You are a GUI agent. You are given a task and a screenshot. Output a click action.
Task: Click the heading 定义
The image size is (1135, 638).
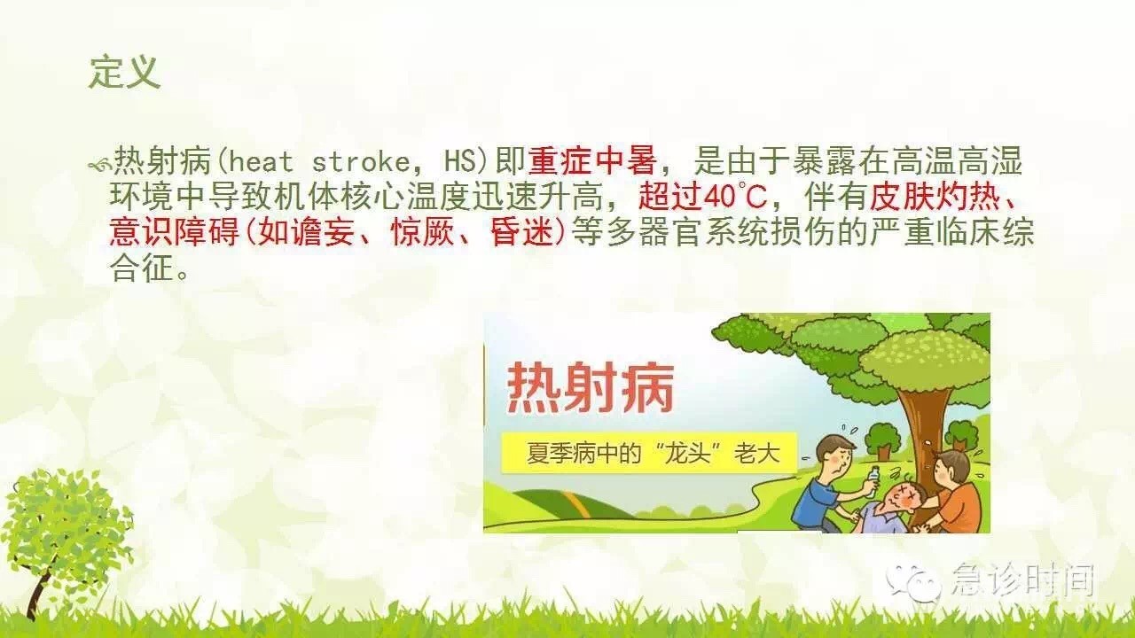tap(125, 73)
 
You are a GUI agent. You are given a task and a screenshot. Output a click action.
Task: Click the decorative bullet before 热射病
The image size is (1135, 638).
tap(99, 164)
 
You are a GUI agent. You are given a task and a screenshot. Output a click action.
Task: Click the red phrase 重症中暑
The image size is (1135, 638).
tap(592, 161)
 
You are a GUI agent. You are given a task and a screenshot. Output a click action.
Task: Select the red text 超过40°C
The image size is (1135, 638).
tap(703, 197)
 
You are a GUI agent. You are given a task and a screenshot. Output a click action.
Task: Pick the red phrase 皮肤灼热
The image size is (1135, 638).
tap(935, 197)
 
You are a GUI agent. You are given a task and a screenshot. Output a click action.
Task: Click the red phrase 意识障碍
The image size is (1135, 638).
tap(175, 232)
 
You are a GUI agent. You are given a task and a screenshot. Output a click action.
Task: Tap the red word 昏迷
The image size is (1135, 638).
tap(522, 232)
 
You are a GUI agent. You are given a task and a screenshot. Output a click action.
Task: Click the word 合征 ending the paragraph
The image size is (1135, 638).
tap(142, 268)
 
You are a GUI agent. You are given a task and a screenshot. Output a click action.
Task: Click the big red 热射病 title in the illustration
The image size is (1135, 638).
tap(591, 390)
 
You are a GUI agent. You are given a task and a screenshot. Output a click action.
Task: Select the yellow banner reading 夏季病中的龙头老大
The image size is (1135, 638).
tap(648, 453)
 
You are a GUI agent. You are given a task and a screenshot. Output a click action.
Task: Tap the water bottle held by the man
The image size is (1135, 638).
tap(872, 481)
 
